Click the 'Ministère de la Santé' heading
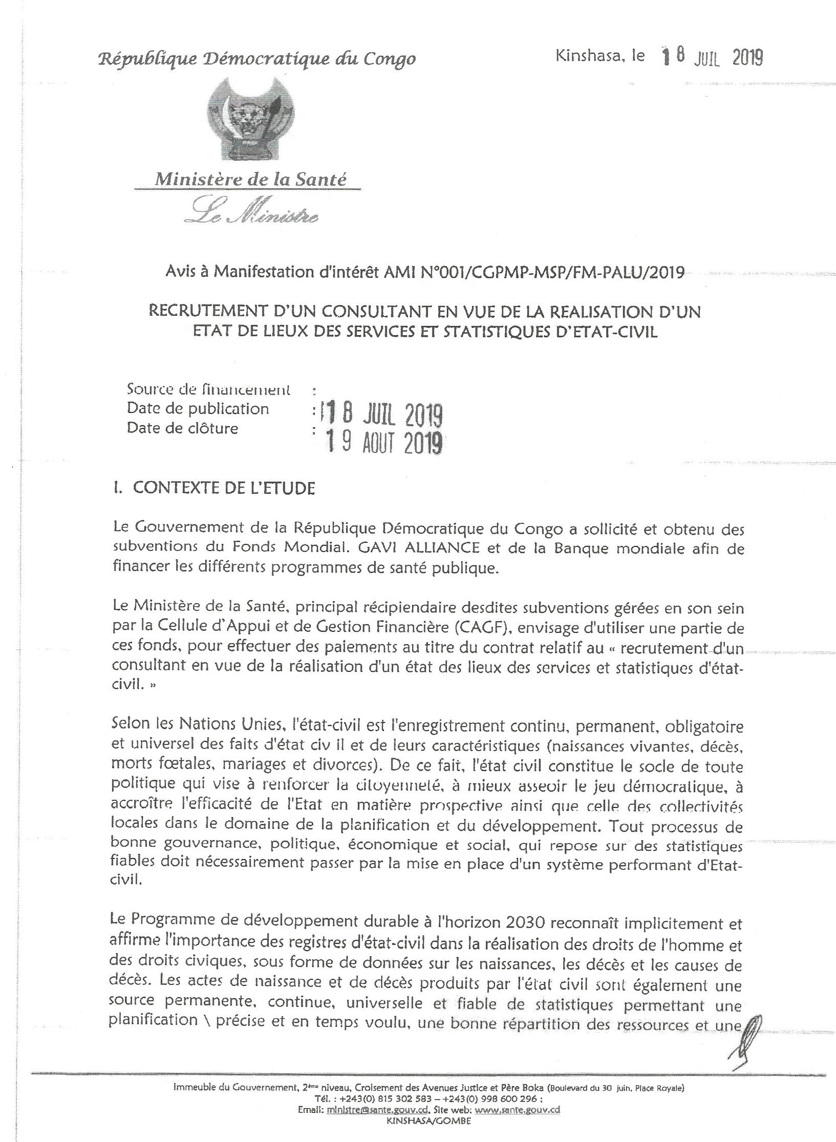[x=250, y=179]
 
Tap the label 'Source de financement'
[x=208, y=390]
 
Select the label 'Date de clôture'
[x=182, y=428]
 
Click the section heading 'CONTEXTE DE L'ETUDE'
[x=224, y=488]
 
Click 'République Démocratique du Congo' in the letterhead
[x=256, y=59]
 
